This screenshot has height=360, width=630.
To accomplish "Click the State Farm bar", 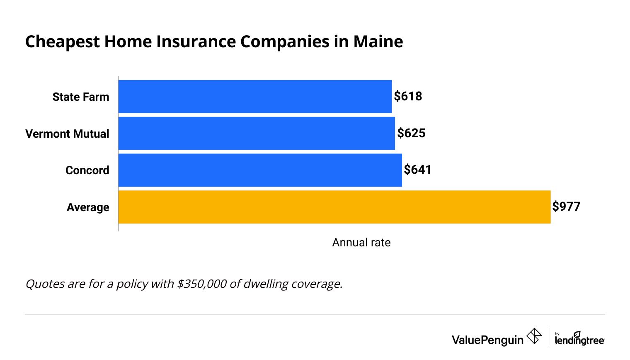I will coord(255,97).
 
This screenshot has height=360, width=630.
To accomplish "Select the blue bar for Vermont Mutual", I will coord(257,134).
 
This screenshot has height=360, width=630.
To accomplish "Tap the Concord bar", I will coord(260,170).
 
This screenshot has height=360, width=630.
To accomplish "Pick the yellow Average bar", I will coord(334,207).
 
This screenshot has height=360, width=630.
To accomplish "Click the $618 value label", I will coord(408,96).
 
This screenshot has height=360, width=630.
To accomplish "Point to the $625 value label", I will coord(411,133).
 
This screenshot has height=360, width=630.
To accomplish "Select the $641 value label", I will coord(418,170).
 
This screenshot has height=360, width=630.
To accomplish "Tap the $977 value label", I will coord(566,207).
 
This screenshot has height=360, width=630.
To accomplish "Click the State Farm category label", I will coord(81,97).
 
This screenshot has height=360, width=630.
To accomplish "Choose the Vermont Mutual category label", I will coord(67,134).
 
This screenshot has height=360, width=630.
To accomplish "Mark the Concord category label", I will coord(87,170).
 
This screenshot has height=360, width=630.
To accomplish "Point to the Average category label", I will coord(88,207).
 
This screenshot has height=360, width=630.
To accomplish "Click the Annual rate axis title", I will coord(361,243).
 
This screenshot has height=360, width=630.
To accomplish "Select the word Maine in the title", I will coord(378,42).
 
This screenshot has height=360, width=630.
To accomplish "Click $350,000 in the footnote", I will coord(202,284).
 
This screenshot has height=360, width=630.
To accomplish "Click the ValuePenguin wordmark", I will coord(487,340).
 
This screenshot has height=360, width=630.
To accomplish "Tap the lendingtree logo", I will coord(579,339).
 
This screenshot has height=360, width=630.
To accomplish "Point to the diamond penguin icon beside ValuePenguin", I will coord(534,336).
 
